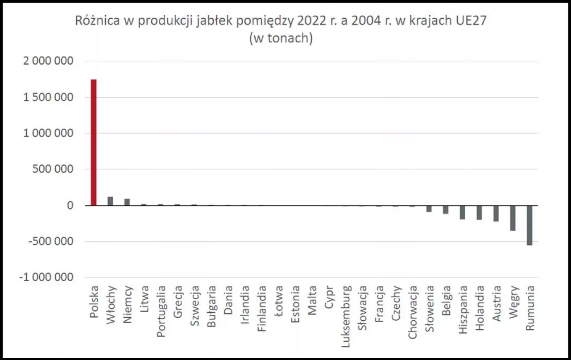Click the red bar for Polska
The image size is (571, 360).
click(x=94, y=142)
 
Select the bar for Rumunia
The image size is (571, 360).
click(x=530, y=225)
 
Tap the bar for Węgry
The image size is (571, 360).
click(x=513, y=218)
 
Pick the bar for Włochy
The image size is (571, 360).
click(x=110, y=201)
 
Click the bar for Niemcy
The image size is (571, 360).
click(x=127, y=202)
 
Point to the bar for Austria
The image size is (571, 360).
click(x=496, y=213)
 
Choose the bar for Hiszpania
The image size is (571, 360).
click(x=462, y=212)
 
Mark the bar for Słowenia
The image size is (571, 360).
click(x=429, y=209)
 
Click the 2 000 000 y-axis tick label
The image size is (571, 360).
click(x=48, y=61)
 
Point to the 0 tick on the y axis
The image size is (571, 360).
click(x=70, y=206)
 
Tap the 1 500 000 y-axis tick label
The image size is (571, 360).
click(x=48, y=97)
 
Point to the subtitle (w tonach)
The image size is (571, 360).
click(x=281, y=38)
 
